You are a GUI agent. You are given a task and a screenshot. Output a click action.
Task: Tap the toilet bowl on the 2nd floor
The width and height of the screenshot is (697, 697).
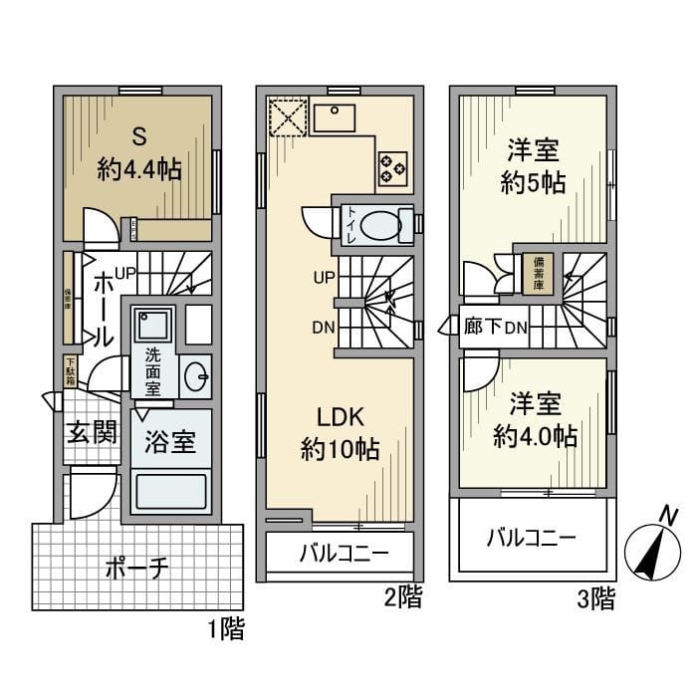click(x=377, y=225)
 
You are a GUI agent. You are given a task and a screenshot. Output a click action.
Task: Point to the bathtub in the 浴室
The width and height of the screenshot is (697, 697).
click(x=171, y=491)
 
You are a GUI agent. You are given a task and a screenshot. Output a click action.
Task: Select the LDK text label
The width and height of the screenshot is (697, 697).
click(x=340, y=415)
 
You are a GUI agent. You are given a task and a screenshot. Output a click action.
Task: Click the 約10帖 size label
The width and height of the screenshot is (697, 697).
click(x=340, y=449)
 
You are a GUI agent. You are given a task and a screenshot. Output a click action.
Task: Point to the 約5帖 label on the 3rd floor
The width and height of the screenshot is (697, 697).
click(x=532, y=183)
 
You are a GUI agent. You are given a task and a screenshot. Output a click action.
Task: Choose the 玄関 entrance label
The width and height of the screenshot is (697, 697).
click(x=93, y=433)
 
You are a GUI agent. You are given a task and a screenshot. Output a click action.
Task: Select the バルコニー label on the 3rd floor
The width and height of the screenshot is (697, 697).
click(x=531, y=539)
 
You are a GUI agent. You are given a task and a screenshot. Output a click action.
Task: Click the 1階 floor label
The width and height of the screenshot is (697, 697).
click(x=225, y=629)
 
